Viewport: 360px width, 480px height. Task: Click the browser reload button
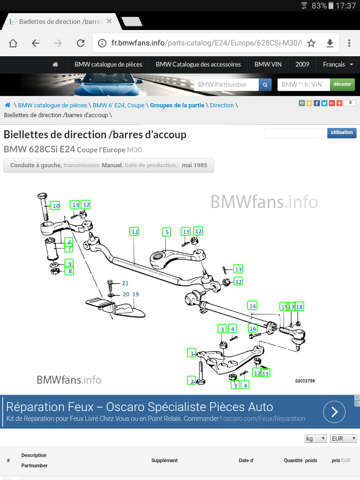tap(81, 43)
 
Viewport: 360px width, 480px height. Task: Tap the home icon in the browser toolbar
tap(13, 43)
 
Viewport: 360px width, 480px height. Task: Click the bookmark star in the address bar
tap(311, 43)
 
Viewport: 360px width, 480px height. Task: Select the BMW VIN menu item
tap(268, 64)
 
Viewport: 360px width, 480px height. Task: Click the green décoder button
tap(342, 84)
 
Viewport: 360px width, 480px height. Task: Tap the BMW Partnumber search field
tap(226, 84)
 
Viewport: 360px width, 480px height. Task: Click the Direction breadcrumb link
tap(222, 105)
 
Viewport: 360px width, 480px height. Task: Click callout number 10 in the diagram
tap(56, 206)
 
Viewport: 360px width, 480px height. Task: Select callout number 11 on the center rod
tap(135, 232)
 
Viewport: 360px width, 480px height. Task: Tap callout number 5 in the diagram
tap(166, 232)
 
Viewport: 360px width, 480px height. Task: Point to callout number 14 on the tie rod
tap(253, 306)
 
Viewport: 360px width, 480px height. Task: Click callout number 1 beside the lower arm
tap(192, 352)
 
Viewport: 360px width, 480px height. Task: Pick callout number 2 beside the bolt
tap(192, 381)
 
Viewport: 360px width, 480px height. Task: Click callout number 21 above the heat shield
tap(125, 283)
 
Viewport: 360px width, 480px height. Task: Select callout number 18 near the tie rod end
tap(299, 307)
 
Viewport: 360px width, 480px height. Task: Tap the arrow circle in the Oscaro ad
tap(334, 412)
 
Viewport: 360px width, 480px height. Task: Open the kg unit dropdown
tap(315, 439)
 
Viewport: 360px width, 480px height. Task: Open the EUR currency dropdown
tap(344, 439)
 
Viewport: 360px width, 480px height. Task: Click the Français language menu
tap(337, 64)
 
